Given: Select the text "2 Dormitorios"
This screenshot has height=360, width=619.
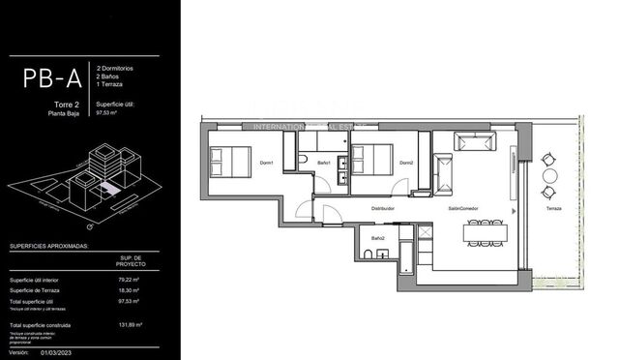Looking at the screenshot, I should pyautogui.click(x=117, y=68).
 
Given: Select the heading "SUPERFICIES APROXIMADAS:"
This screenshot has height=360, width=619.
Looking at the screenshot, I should pyautogui.click(x=49, y=246).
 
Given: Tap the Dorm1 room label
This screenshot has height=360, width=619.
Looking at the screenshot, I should pyautogui.click(x=265, y=163).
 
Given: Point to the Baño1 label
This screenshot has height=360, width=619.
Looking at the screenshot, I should pyautogui.click(x=324, y=163).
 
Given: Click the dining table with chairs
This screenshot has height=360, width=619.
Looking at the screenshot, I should pyautogui.click(x=485, y=233).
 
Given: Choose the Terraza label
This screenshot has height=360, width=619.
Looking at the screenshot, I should pyautogui.click(x=552, y=208).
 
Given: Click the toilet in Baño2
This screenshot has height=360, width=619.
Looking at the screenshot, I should pyautogui.click(x=369, y=254).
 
